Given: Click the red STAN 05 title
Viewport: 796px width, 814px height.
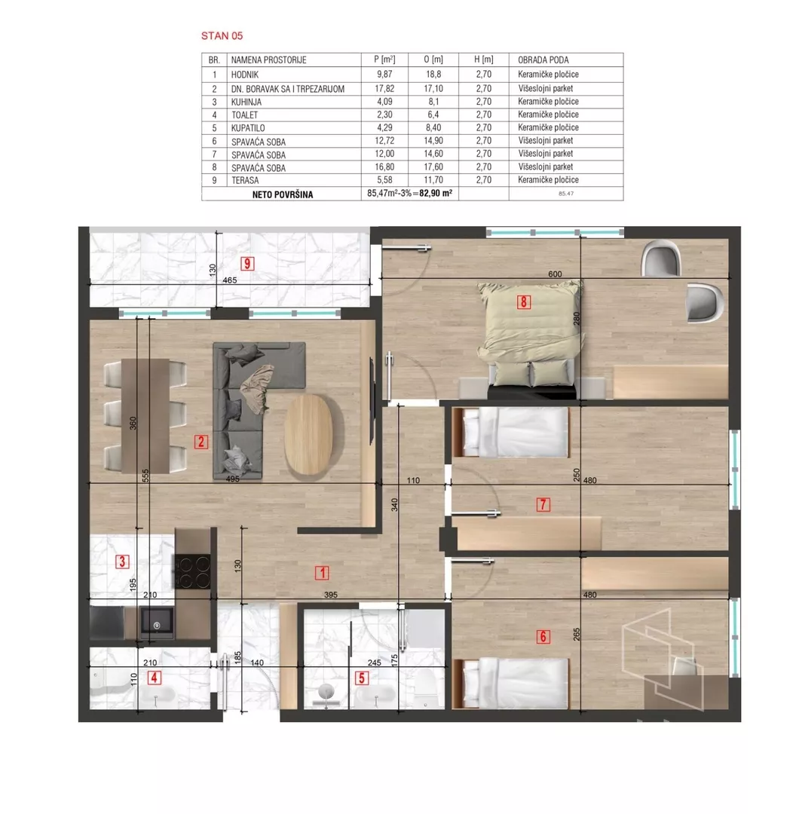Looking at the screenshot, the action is [222, 36].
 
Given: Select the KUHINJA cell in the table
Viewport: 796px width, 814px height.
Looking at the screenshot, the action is [246, 102].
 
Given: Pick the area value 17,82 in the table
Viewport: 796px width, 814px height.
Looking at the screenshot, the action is [384, 88].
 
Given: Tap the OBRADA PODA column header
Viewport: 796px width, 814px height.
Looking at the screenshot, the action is [543, 60].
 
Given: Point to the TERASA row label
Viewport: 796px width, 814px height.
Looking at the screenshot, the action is [245, 180].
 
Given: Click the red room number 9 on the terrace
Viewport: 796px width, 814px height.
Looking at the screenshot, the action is [247, 264].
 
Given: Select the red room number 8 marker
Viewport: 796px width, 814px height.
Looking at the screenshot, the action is [523, 301].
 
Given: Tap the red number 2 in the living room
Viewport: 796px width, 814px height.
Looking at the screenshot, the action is [201, 442].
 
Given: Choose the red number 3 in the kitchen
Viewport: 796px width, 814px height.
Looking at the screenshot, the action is [122, 562].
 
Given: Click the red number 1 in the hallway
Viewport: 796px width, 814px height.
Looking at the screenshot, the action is [322, 573].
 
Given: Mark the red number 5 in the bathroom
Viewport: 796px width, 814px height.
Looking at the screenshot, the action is [361, 678].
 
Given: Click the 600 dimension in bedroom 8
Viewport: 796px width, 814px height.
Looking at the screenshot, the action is [555, 274].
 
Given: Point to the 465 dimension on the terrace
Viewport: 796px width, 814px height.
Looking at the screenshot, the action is [229, 280].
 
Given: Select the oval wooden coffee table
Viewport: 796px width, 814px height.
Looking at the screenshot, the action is [308, 435].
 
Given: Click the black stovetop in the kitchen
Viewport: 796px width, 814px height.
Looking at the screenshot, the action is [192, 571].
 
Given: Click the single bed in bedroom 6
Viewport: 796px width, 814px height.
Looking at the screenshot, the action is [512, 683].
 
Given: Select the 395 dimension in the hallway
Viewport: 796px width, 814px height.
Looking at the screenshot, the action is [331, 595].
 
